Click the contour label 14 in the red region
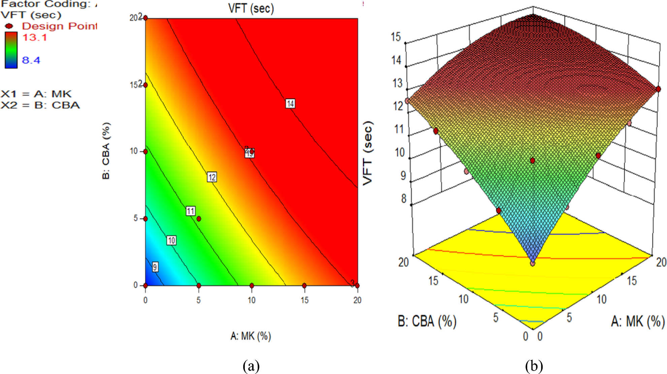pos(290,103)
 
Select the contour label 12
pos(212,177)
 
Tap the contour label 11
pos(190,211)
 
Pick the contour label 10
pos(171,241)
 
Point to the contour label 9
pos(155,267)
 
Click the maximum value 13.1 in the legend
pos(35,37)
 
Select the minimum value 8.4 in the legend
pos(31,60)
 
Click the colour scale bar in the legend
pos(11,50)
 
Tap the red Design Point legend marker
pos(9,26)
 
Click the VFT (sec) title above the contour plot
pos(251,8)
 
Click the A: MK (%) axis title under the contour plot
pos(251,336)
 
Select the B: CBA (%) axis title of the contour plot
pos(106,151)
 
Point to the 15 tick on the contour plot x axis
pos(305,300)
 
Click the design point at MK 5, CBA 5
pos(199,219)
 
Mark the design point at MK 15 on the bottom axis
pos(304,285)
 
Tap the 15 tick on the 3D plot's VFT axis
pos(396,37)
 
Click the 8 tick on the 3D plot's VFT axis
pos(404,199)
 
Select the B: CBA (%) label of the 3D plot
pos(427,321)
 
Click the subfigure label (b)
pos(534,366)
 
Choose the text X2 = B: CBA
pos(40,105)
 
